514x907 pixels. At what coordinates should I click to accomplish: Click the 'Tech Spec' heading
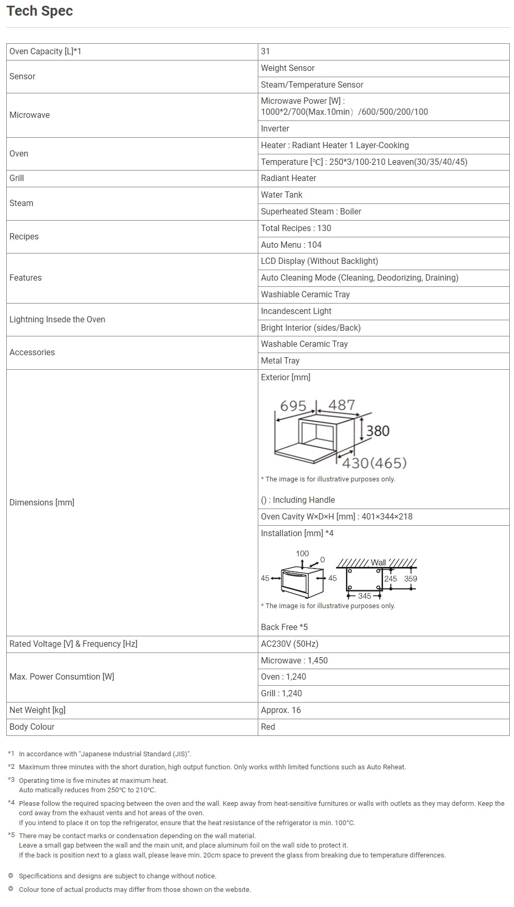click(40, 11)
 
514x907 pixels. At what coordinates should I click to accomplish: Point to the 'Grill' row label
click(17, 178)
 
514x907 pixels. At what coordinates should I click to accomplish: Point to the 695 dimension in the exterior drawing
click(293, 406)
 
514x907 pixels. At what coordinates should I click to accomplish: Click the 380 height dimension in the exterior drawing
click(378, 431)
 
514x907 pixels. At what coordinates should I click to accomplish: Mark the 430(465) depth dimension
click(374, 463)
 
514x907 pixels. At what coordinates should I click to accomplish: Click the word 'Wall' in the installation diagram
click(378, 562)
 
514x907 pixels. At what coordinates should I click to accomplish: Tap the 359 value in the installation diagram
click(411, 579)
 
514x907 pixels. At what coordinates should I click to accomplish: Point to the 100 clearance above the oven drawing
click(302, 554)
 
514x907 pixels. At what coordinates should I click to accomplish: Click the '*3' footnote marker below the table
click(11, 780)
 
